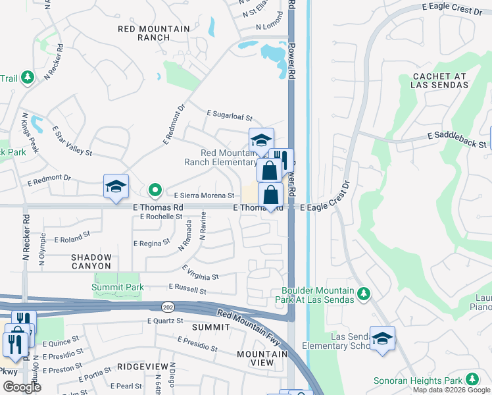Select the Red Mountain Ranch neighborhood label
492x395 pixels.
click(x=154, y=33)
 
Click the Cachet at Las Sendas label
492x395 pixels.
click(x=439, y=80)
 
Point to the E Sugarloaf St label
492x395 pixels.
click(x=230, y=115)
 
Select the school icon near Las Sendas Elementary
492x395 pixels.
click(x=382, y=338)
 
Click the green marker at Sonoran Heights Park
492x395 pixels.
click(x=472, y=379)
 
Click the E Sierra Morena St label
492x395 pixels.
click(x=204, y=196)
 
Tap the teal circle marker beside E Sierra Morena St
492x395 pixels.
click(x=155, y=191)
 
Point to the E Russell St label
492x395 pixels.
click(x=187, y=289)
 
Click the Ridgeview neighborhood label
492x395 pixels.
click(x=143, y=366)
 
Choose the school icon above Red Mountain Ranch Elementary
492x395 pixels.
click(x=261, y=140)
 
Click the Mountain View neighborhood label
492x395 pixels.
click(x=263, y=358)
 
